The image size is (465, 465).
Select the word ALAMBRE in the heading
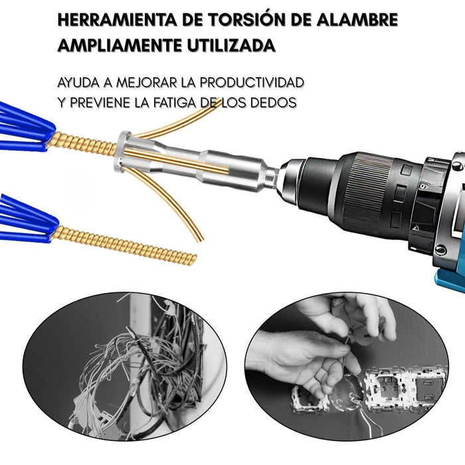click(357, 20)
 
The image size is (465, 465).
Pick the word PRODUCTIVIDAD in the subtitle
click(252, 83)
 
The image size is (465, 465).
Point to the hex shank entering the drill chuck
click(272, 175)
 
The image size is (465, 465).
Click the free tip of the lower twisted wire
click(194, 259)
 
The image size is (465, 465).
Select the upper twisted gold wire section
click(82, 144)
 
